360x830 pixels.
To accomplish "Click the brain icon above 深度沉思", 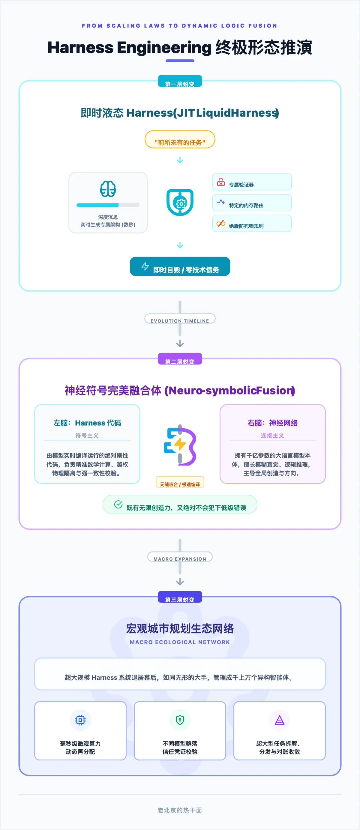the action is [108, 189].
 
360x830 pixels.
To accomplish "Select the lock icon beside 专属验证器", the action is [221, 182].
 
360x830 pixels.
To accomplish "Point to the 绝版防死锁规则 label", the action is [246, 226].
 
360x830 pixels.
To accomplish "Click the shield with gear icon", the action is [180, 202].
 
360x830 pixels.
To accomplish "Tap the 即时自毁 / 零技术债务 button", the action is [180, 267].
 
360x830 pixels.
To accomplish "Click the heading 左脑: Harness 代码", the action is [87, 423].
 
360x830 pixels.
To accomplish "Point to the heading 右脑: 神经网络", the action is [272, 423].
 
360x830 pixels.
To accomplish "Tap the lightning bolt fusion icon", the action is [180, 445].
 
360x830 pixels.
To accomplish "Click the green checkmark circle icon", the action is [118, 504].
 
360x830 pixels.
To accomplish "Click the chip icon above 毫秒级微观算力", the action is [80, 720].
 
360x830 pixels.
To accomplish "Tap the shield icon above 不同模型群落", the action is [180, 720].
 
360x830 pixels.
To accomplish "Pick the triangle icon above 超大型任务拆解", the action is [279, 720].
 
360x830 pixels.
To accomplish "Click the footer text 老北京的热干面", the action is [180, 810].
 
